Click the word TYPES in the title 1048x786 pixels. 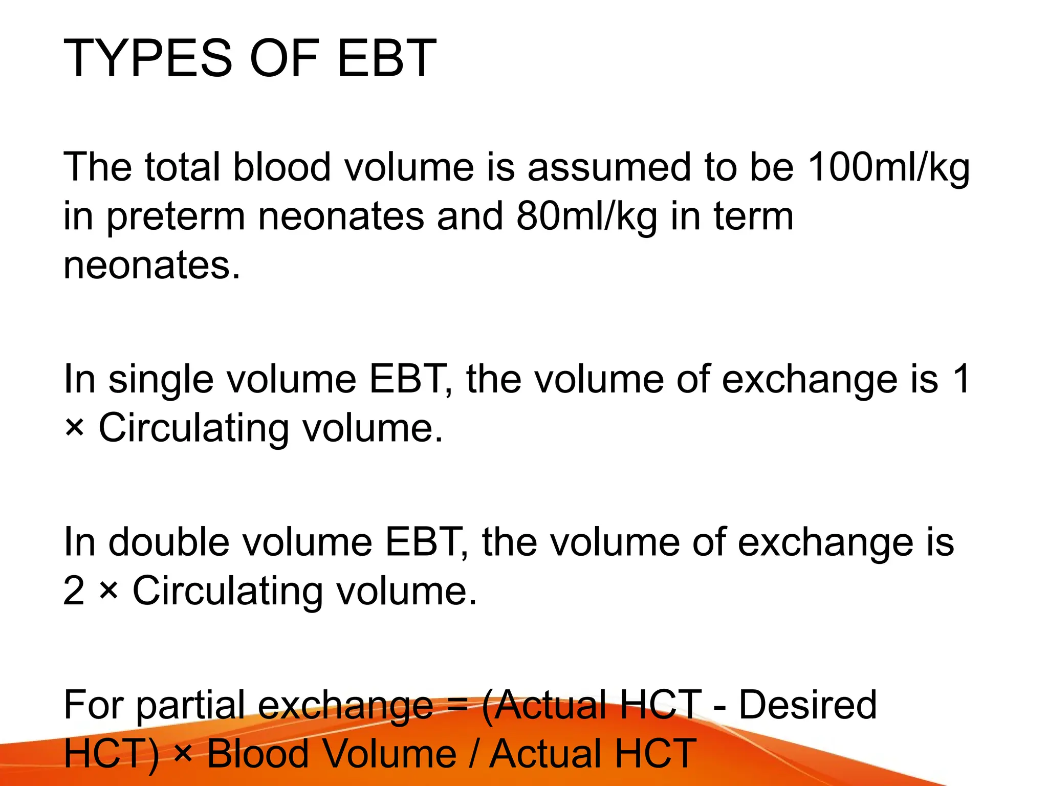pyautogui.click(x=148, y=59)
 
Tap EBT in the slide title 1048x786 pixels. pyautogui.click(x=386, y=59)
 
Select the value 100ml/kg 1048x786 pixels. pyautogui.click(x=888, y=167)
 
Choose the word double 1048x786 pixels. pyautogui.click(x=169, y=543)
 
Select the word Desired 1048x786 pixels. pyautogui.click(x=808, y=705)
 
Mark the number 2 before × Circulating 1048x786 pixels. pyautogui.click(x=74, y=592)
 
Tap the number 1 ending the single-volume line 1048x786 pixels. pyautogui.click(x=962, y=380)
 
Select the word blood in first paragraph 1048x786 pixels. pyautogui.click(x=282, y=167)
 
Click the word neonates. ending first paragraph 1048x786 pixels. pyautogui.click(x=151, y=266)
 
